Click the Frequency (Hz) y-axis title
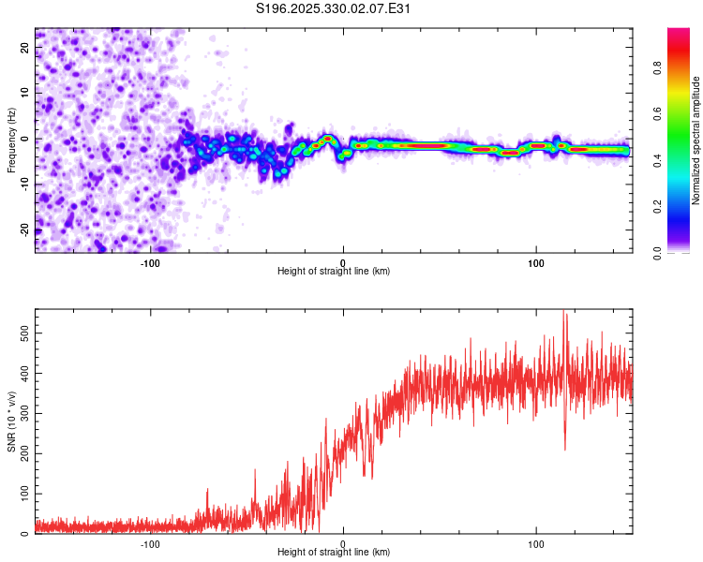point(12,140)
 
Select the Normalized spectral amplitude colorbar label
point(696,140)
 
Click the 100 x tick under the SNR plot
point(536,543)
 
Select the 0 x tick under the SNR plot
point(343,543)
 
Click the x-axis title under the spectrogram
point(334,272)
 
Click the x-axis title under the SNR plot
point(334,553)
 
